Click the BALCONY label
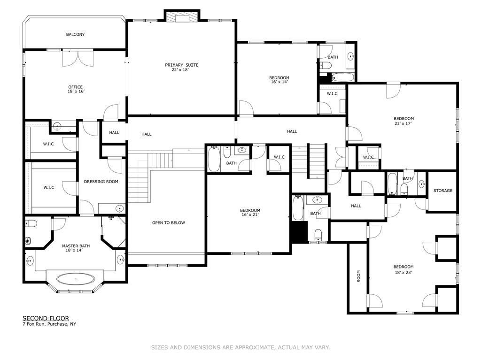pos(75,34)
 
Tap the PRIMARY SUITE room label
pos(182,65)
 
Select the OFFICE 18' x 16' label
pos(76,89)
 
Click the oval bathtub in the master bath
pos(76,279)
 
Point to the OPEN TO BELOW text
pos(169,222)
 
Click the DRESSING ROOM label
pos(101,182)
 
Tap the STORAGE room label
pos(442,191)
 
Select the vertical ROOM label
pos(358,276)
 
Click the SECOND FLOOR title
pos(46,318)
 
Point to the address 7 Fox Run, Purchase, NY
pos(49,324)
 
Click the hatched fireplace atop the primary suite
pos(182,17)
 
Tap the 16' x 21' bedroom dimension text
pos(250,214)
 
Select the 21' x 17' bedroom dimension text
pos(403,123)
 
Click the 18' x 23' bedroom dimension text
pos(403,272)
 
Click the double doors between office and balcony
pos(78,58)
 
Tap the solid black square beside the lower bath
pos(299,231)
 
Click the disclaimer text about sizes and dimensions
pos(240,347)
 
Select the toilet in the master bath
pos(31,223)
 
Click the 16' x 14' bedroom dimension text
pos(279,82)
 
